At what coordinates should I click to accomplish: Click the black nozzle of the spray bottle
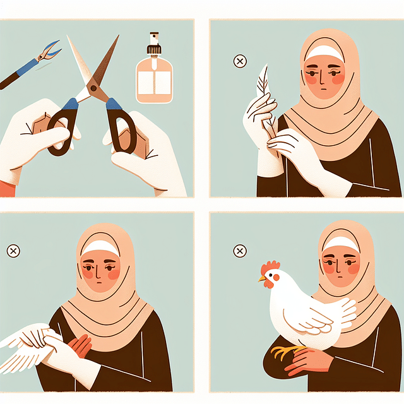[x=153, y=44]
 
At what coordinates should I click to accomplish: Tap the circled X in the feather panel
[x=240, y=61]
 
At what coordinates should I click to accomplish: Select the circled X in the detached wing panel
[x=13, y=251]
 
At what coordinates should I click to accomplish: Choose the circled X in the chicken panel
[x=240, y=251]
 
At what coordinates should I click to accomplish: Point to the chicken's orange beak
[x=261, y=278]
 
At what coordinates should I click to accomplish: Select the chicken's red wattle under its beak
[x=269, y=285]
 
